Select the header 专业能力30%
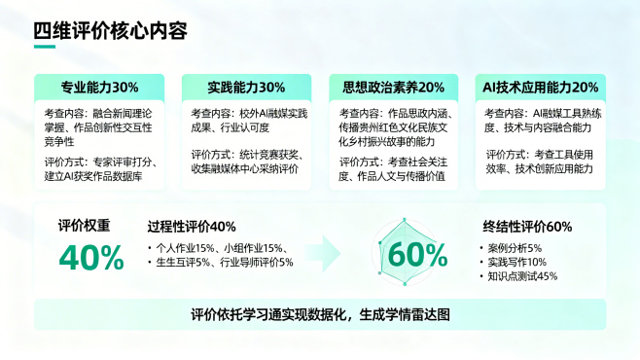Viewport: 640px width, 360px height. pyautogui.click(x=99, y=87)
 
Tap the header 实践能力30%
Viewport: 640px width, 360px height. pyautogui.click(x=246, y=87)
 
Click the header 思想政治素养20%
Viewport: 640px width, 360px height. pyautogui.click(x=393, y=87)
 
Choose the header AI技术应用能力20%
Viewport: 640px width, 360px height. pyautogui.click(x=540, y=87)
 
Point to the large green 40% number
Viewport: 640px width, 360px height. pyautogui.click(x=91, y=257)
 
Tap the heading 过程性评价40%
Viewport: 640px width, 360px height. pyautogui.click(x=192, y=227)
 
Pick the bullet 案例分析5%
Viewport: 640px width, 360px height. pyautogui.click(x=515, y=247)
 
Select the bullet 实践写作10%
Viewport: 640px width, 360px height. pyautogui.click(x=517, y=262)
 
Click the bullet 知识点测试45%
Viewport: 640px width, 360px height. pyautogui.click(x=523, y=276)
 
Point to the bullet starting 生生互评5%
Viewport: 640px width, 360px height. pyautogui.click(x=225, y=262)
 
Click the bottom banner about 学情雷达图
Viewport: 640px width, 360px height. pyautogui.click(x=320, y=314)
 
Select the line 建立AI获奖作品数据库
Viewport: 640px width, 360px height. pyautogui.click(x=101, y=176)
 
